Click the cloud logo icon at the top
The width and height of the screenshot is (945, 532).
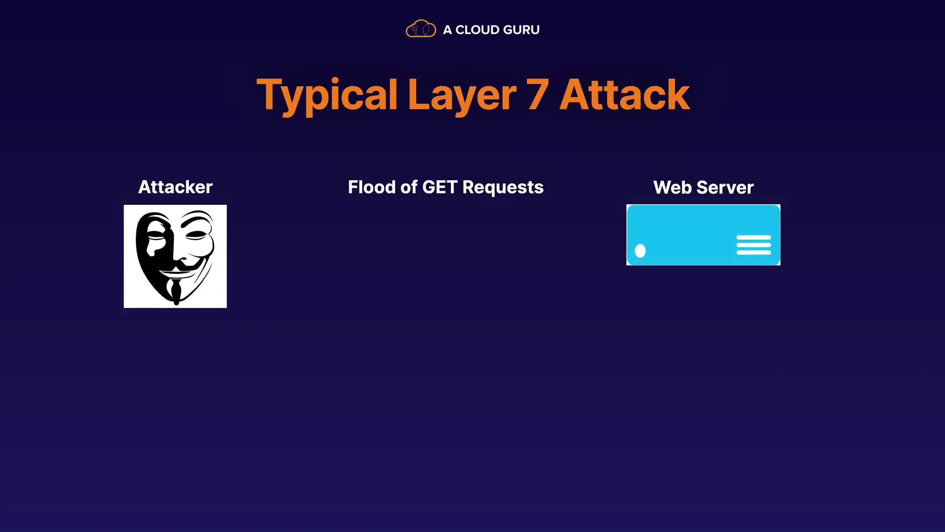coord(421,29)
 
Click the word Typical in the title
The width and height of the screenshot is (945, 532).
coord(327,96)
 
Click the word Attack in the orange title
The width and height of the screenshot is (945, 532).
coord(625,95)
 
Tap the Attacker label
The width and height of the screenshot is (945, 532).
coord(175,187)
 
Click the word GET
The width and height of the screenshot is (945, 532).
coord(440,187)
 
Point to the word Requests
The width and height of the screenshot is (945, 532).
coord(503,188)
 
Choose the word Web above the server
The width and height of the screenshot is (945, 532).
coord(672,188)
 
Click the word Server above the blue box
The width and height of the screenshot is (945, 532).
coord(725,188)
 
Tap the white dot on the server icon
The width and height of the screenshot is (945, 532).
coord(640,251)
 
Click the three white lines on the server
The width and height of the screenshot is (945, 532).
coord(754,245)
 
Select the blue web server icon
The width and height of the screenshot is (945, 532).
coord(703,235)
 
